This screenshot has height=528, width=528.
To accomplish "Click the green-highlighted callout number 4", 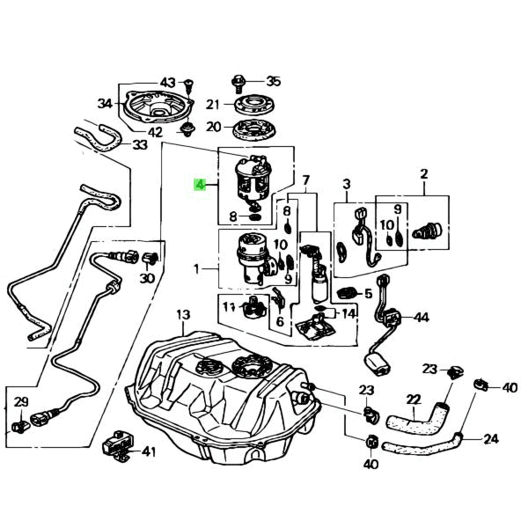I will pos(200,186).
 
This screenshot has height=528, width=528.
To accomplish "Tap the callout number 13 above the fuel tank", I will pos(182,314).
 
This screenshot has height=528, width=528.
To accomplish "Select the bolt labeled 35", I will pos(238,83).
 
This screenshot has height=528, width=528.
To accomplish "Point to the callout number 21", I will pos(213,105).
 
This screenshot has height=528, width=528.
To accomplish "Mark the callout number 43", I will pos(168,82).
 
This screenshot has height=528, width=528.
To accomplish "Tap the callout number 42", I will pos(155,133).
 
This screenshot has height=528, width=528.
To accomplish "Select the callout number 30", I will pos(146,279).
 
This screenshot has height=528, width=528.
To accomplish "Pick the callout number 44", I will pos(422,317).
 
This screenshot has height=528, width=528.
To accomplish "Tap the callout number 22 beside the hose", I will pos(413,400).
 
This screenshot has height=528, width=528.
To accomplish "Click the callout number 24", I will pos(491,438).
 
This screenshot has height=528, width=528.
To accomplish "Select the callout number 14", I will pos(349,313).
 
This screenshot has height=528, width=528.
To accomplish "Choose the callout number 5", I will pos(369,294).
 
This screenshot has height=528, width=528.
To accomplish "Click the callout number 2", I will pos(423,173).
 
